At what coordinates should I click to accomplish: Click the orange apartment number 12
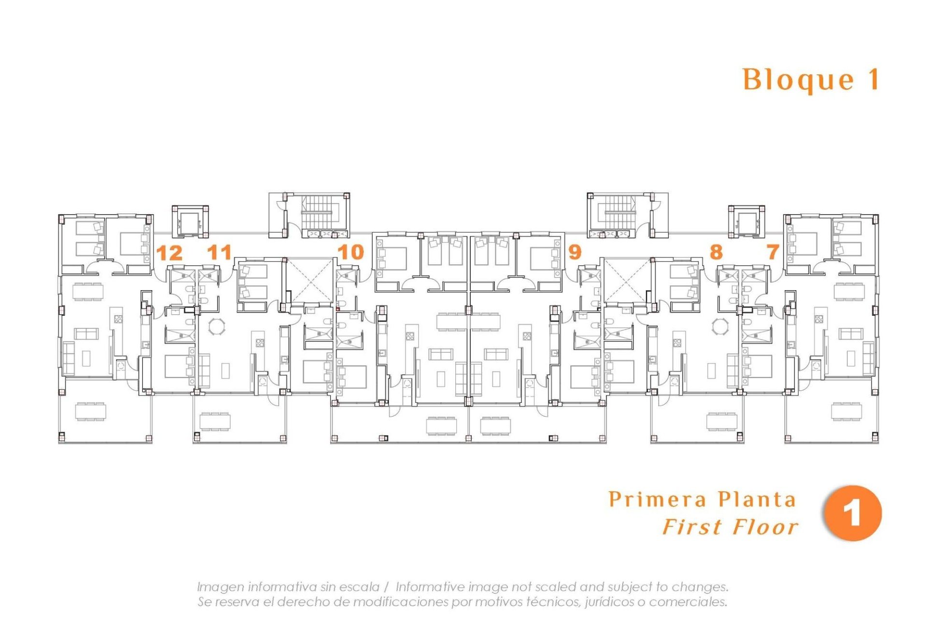(169, 253)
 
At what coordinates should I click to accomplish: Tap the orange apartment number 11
(220, 253)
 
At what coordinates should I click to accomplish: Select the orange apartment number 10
(351, 252)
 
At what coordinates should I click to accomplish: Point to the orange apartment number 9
(575, 252)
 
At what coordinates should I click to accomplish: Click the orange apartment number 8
(716, 252)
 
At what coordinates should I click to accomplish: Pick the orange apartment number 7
(772, 252)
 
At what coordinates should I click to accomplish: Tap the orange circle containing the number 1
(853, 513)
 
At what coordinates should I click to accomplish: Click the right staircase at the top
(619, 212)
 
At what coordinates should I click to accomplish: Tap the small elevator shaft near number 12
(190, 222)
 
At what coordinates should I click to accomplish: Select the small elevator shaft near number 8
(746, 222)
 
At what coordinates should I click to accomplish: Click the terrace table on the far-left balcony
(91, 411)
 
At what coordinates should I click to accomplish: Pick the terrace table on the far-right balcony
(846, 411)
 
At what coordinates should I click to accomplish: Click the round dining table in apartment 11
(216, 326)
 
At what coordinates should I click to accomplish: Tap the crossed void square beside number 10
(309, 280)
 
